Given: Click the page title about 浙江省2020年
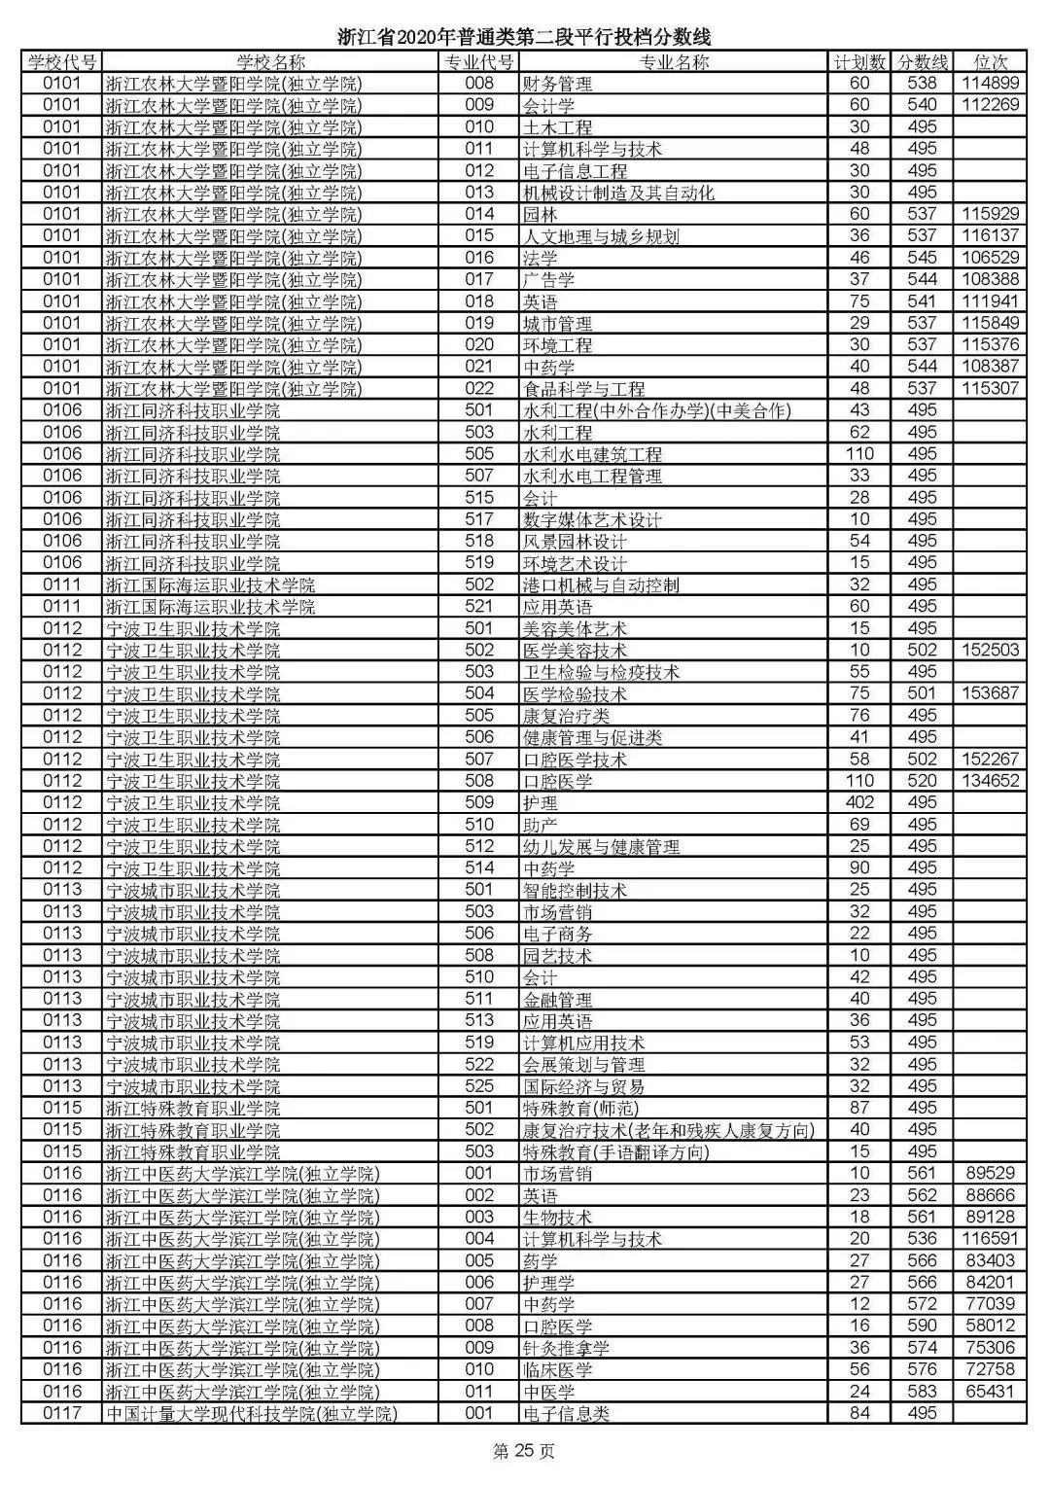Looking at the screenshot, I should pyautogui.click(x=524, y=38).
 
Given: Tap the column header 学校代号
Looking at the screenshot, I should pyautogui.click(x=62, y=62).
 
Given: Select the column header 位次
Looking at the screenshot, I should pyautogui.click(x=990, y=62).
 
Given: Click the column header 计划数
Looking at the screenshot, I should pyautogui.click(x=859, y=62).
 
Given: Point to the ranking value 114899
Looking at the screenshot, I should pyautogui.click(x=990, y=84).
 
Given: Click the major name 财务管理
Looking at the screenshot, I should pyautogui.click(x=557, y=85).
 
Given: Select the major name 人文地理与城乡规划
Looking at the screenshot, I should pyautogui.click(x=601, y=236).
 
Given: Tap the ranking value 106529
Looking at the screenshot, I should pyautogui.click(x=990, y=258).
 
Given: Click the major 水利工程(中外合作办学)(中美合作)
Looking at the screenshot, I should pyautogui.click(x=656, y=410).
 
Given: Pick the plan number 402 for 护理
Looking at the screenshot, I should pyautogui.click(x=859, y=802).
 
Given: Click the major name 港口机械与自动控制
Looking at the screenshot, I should pyautogui.click(x=601, y=585).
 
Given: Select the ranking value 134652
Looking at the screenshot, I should pyautogui.click(x=990, y=781).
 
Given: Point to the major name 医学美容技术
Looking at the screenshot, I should pyautogui.click(x=575, y=651).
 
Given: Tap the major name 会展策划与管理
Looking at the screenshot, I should pyautogui.click(x=583, y=1065).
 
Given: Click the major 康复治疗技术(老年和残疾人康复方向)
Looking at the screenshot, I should pyautogui.click(x=668, y=1130).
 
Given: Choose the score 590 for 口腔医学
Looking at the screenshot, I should pyautogui.click(x=921, y=1326).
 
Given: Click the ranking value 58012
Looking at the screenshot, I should pyautogui.click(x=990, y=1326).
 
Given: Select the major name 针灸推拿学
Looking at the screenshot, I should pyautogui.click(x=566, y=1348).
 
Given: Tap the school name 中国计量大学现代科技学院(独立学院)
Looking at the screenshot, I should pyautogui.click(x=251, y=1414).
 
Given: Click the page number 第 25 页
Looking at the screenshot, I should pyautogui.click(x=524, y=1452).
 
